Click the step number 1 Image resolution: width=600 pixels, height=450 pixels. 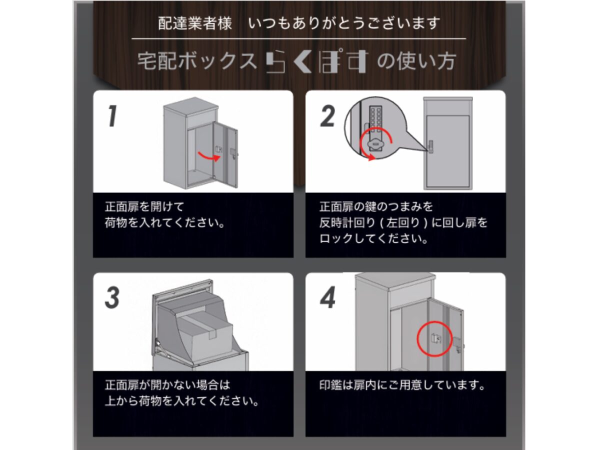pos(112,116)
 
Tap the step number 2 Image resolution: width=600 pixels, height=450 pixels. pos(327,116)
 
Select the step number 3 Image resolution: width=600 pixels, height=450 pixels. pos(112,297)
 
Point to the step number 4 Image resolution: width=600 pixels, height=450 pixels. pos(327,297)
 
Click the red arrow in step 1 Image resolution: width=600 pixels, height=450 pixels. pos(208,157)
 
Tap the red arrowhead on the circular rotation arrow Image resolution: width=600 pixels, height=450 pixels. pos(371,157)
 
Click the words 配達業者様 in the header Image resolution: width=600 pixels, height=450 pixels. pos(195,23)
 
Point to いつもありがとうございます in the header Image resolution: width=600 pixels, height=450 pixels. pos(344,23)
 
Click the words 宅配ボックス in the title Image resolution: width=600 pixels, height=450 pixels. pos(197,61)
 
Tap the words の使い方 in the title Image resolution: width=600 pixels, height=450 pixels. pos(416,61)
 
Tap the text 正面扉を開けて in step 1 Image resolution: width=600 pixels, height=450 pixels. pos(144,206)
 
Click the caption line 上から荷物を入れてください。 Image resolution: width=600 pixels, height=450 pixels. pos(182,401)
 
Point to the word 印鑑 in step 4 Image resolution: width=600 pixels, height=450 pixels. pos(330,385)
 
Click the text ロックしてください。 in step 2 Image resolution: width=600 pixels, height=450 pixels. pos(373,239)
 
